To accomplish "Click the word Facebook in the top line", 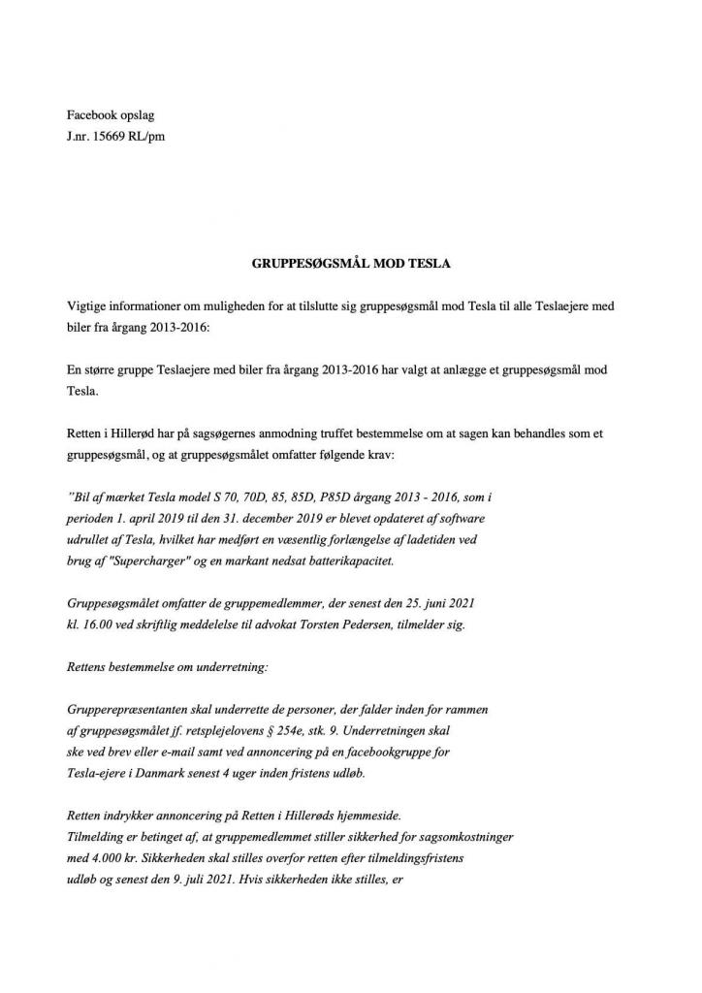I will (92, 115).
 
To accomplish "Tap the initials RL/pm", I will (148, 137).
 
